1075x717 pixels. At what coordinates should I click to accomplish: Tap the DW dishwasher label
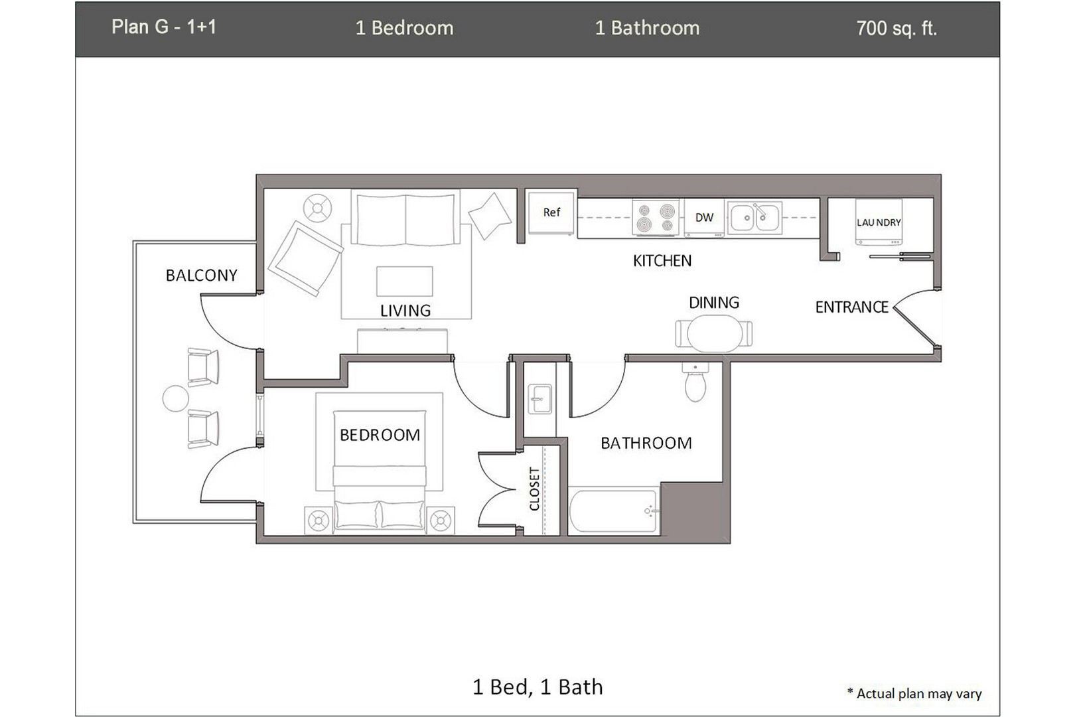coord(704,217)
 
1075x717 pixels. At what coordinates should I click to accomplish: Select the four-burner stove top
coord(656,217)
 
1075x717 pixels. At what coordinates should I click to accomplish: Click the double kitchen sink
coord(754,217)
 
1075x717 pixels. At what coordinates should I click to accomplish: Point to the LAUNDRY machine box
coord(879,222)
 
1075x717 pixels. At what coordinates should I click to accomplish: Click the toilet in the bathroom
coord(695,383)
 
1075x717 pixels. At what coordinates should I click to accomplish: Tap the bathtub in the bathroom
coord(614,511)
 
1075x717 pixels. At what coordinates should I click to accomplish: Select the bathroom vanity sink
coord(539,400)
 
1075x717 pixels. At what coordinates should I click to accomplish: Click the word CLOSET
coord(534,489)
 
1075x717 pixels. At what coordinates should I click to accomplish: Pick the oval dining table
coord(714,333)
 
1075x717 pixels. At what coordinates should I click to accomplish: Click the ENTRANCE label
coord(851,307)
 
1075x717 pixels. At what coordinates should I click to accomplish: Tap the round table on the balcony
coord(176,398)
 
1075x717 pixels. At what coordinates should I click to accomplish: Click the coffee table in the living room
coord(404,281)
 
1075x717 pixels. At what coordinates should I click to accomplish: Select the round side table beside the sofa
coord(317,208)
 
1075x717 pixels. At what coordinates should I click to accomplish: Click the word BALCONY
coord(201,276)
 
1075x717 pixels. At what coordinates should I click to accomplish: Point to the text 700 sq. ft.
coord(896,29)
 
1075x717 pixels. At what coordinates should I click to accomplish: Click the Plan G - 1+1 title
coord(164,27)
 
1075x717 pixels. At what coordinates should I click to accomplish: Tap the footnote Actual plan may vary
coord(914,694)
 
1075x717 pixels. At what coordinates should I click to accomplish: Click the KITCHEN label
coord(662,261)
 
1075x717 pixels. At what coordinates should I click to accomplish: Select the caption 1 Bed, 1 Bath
coord(537,687)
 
